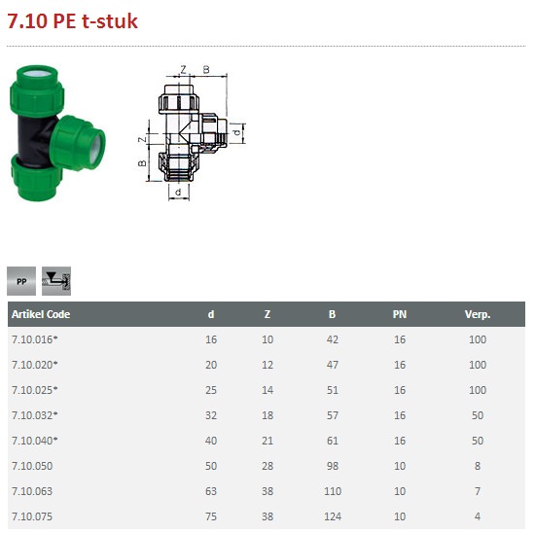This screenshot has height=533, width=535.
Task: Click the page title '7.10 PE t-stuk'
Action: point(72,21)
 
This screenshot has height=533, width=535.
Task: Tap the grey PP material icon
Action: point(21,281)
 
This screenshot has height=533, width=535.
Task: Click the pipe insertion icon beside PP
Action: point(56,281)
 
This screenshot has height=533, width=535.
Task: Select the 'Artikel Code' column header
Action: point(41,314)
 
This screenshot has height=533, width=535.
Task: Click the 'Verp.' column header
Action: point(478,314)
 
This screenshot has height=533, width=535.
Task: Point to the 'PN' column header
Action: point(400,314)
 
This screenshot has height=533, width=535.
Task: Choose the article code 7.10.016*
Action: point(34,339)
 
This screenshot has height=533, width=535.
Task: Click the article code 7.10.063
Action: point(32,491)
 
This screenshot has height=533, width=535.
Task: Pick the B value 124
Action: point(333,516)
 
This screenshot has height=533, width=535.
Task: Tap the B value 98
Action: point(333,466)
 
